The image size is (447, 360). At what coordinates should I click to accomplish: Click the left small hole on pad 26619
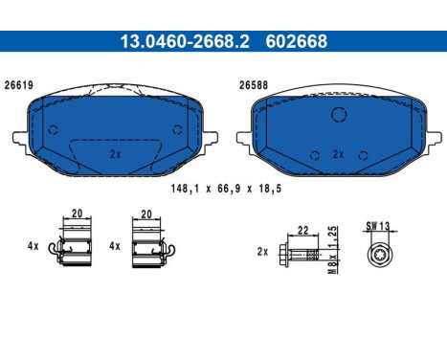[x=48, y=131]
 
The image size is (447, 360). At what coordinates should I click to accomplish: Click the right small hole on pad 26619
[x=175, y=131]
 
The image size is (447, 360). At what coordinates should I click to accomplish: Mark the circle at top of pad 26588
[x=337, y=115]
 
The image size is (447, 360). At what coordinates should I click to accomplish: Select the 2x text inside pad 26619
[x=115, y=153]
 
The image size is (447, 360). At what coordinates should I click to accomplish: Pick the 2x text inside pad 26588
[x=337, y=153]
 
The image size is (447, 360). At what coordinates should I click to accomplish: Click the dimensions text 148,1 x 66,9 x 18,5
[x=223, y=190]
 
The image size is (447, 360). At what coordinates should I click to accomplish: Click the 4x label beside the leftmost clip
[x=34, y=246]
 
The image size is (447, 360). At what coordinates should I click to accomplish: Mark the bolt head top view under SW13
[x=379, y=255]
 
